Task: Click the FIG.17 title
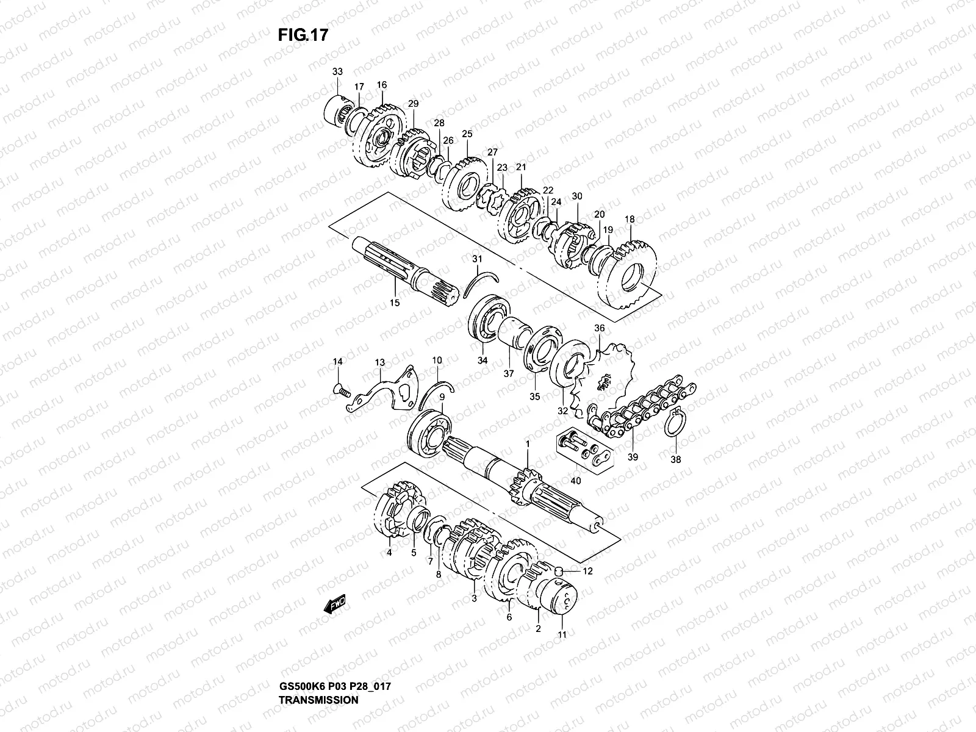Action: (x=303, y=35)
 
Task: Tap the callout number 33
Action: (x=337, y=72)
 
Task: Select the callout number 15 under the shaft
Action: (x=394, y=303)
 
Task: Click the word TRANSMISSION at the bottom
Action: (x=318, y=666)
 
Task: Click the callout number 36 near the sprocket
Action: (x=599, y=328)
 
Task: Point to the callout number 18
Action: (x=630, y=219)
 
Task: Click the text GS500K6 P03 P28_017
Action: (x=334, y=653)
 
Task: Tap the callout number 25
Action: (x=467, y=134)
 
